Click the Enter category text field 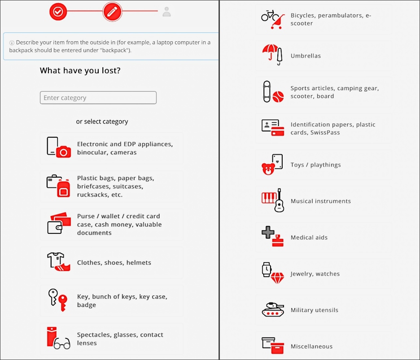click(x=98, y=97)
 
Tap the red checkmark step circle click(x=58, y=12)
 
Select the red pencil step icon click(x=112, y=12)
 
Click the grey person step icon click(x=166, y=12)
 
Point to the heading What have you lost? click(x=80, y=70)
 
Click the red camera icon click(x=63, y=152)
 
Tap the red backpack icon click(x=63, y=188)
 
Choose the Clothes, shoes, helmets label click(x=114, y=263)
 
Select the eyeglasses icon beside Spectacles click(x=62, y=343)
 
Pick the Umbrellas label click(x=306, y=56)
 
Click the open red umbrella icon click(x=270, y=51)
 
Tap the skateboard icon click(x=267, y=92)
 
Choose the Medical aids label click(x=309, y=237)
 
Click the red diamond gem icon click(x=277, y=278)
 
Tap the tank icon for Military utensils click(x=273, y=310)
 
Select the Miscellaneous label click(x=311, y=347)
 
